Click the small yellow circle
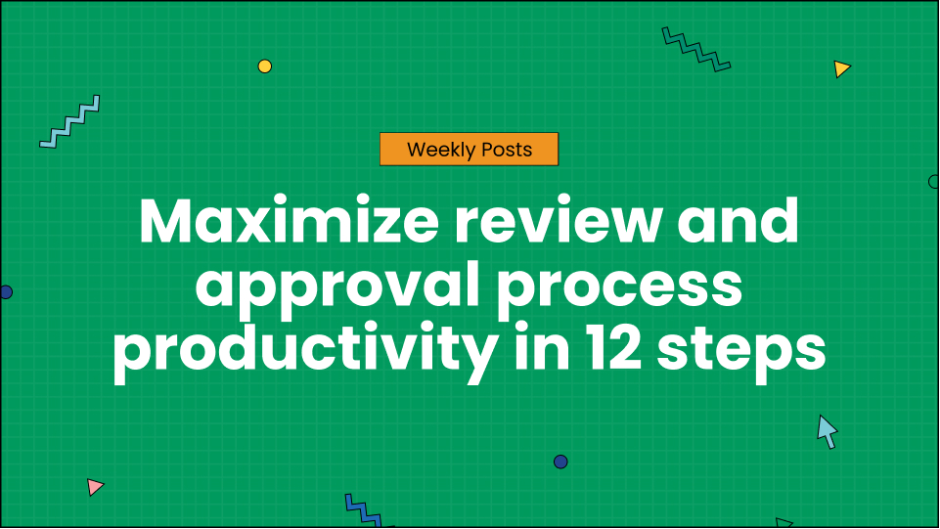[x=264, y=66]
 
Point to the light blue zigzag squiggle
[x=69, y=122]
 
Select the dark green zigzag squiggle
[x=696, y=49]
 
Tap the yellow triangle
[x=840, y=68]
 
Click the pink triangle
[x=94, y=486]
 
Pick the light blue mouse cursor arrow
[x=827, y=429]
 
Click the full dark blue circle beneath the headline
[x=560, y=462]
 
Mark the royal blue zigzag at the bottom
[x=363, y=511]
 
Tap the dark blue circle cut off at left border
[x=5, y=292]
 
